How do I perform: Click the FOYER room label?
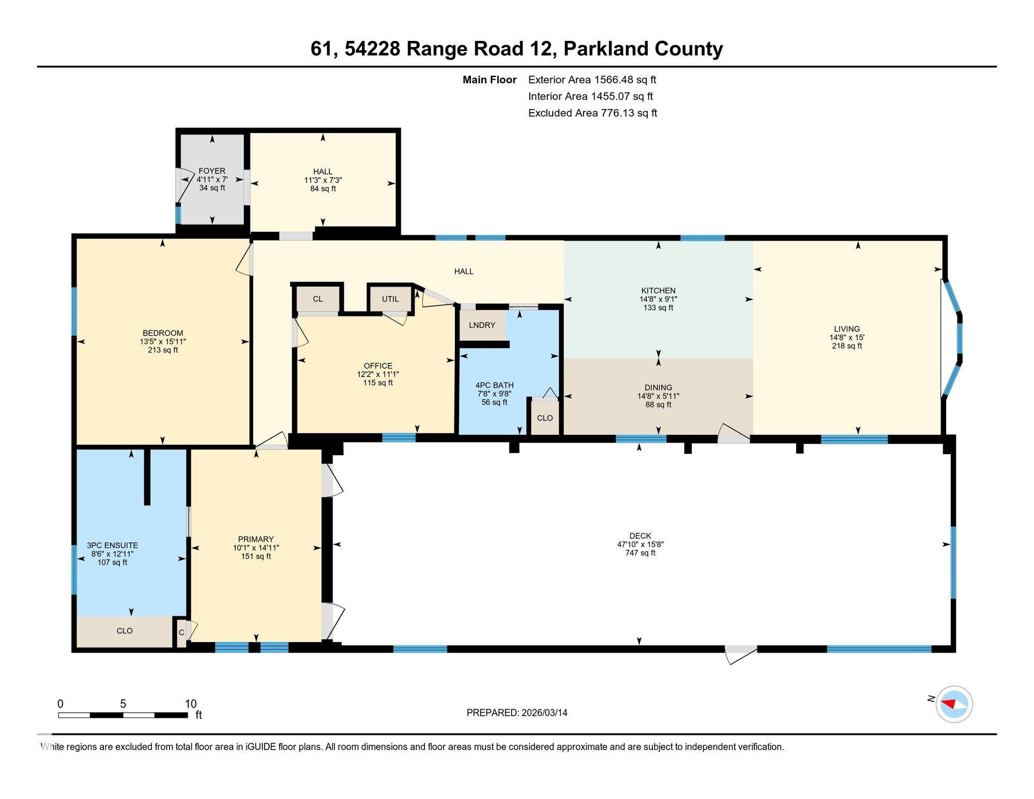click(x=212, y=171)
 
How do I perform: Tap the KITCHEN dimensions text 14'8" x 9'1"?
click(x=658, y=299)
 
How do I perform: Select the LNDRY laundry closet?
click(x=482, y=325)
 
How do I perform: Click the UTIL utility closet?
click(x=390, y=299)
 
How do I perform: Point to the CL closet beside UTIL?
click(x=318, y=299)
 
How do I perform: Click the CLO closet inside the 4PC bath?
click(x=544, y=418)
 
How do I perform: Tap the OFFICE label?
click(x=378, y=366)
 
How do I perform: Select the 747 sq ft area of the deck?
click(x=640, y=553)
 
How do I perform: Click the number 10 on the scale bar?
click(x=191, y=704)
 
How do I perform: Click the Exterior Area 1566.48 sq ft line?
click(x=592, y=80)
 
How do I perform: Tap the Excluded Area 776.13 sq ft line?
click(x=592, y=113)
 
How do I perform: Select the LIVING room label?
click(x=847, y=329)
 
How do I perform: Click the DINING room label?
click(x=658, y=387)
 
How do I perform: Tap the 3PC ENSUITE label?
click(x=112, y=545)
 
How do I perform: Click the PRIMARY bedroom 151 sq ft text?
click(x=256, y=556)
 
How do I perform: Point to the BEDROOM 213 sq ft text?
click(x=163, y=350)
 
